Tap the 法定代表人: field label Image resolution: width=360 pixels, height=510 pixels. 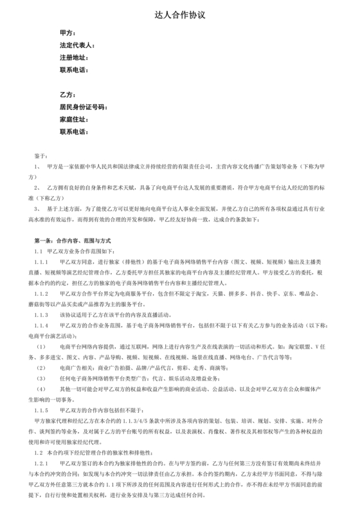(x=77, y=46)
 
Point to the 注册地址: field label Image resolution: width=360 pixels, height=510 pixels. (x=73, y=57)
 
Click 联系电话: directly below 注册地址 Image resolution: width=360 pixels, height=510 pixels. (x=73, y=69)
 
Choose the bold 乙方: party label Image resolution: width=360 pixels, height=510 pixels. (x=67, y=95)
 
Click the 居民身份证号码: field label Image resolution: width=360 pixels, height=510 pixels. (x=83, y=107)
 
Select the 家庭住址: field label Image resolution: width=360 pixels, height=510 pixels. (x=73, y=119)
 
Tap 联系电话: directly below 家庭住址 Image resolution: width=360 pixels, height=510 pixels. (x=73, y=131)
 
